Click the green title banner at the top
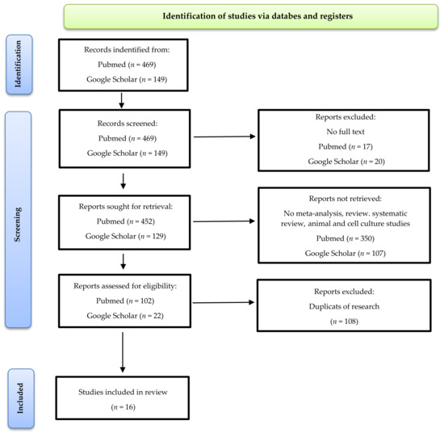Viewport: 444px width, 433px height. click(x=251, y=16)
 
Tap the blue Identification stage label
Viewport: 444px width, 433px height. click(x=19, y=65)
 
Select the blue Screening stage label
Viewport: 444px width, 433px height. click(x=18, y=220)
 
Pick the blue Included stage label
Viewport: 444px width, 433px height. click(x=21, y=398)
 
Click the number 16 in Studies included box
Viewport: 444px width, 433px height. click(x=130, y=407)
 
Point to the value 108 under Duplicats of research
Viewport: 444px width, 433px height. click(x=350, y=322)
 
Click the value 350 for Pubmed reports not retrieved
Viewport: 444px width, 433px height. click(x=367, y=238)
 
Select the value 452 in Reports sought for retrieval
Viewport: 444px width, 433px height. click(x=147, y=221)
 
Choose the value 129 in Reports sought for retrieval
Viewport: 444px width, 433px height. click(x=157, y=236)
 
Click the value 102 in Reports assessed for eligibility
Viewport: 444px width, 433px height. click(x=146, y=301)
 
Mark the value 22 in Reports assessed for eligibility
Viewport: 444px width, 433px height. click(x=157, y=316)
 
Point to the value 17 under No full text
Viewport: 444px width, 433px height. click(x=367, y=146)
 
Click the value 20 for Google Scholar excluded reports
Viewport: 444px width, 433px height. click(x=379, y=162)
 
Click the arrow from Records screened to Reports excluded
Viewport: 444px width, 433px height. click(x=224, y=137)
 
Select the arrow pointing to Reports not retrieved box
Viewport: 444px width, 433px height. click(x=224, y=221)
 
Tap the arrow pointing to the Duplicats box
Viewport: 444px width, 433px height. click(x=223, y=302)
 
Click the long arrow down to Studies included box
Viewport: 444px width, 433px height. click(x=123, y=352)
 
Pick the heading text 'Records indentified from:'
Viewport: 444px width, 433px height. click(x=127, y=49)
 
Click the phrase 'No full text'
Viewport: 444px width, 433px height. click(x=346, y=132)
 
